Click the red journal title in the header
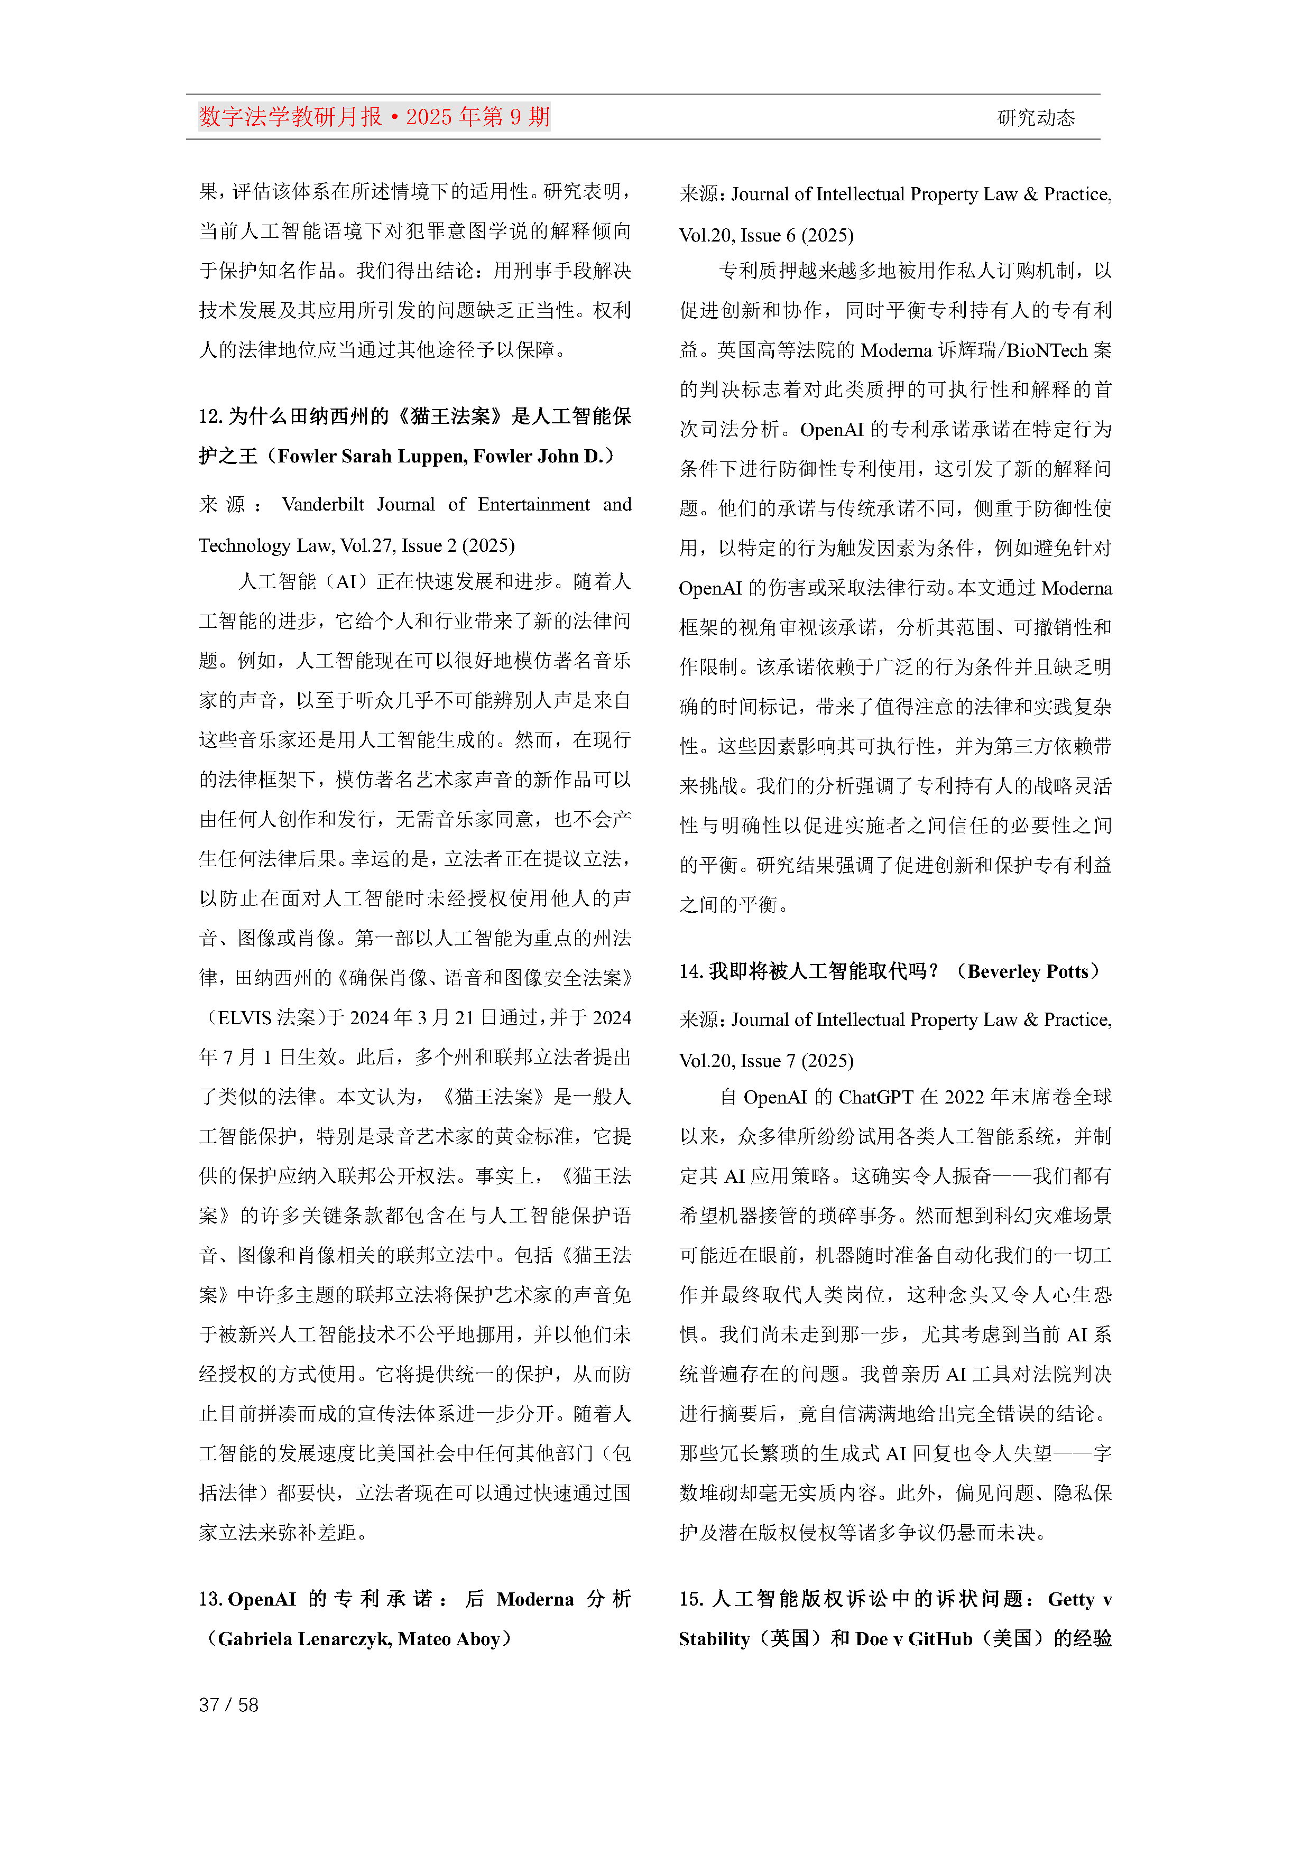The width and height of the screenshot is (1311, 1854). [374, 117]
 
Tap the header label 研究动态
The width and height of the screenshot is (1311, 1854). [1036, 118]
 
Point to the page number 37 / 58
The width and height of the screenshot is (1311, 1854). [228, 1704]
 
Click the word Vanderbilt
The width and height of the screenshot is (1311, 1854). [323, 505]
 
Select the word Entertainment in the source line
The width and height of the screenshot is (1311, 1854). [534, 505]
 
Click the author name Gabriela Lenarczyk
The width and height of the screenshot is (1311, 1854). [302, 1639]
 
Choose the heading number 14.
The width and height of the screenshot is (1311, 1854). [690, 971]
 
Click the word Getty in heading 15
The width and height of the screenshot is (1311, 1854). [1070, 1600]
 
